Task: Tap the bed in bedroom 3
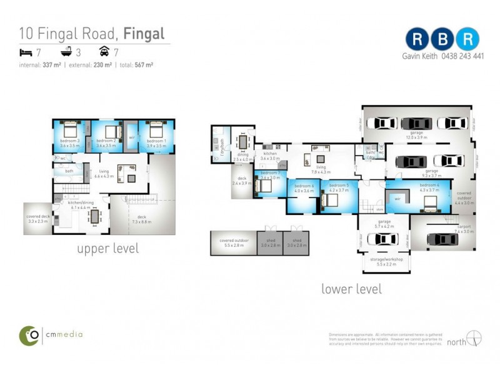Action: coord(68,131)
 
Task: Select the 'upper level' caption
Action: coord(107,249)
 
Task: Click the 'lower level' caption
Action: coord(351,289)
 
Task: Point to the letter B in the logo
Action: coord(444,39)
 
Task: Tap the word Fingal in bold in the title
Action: coord(144,33)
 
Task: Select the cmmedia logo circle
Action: coord(29,336)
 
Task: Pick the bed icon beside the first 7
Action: coord(26,52)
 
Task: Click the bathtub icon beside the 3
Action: coord(66,52)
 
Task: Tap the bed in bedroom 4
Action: coord(431,202)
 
